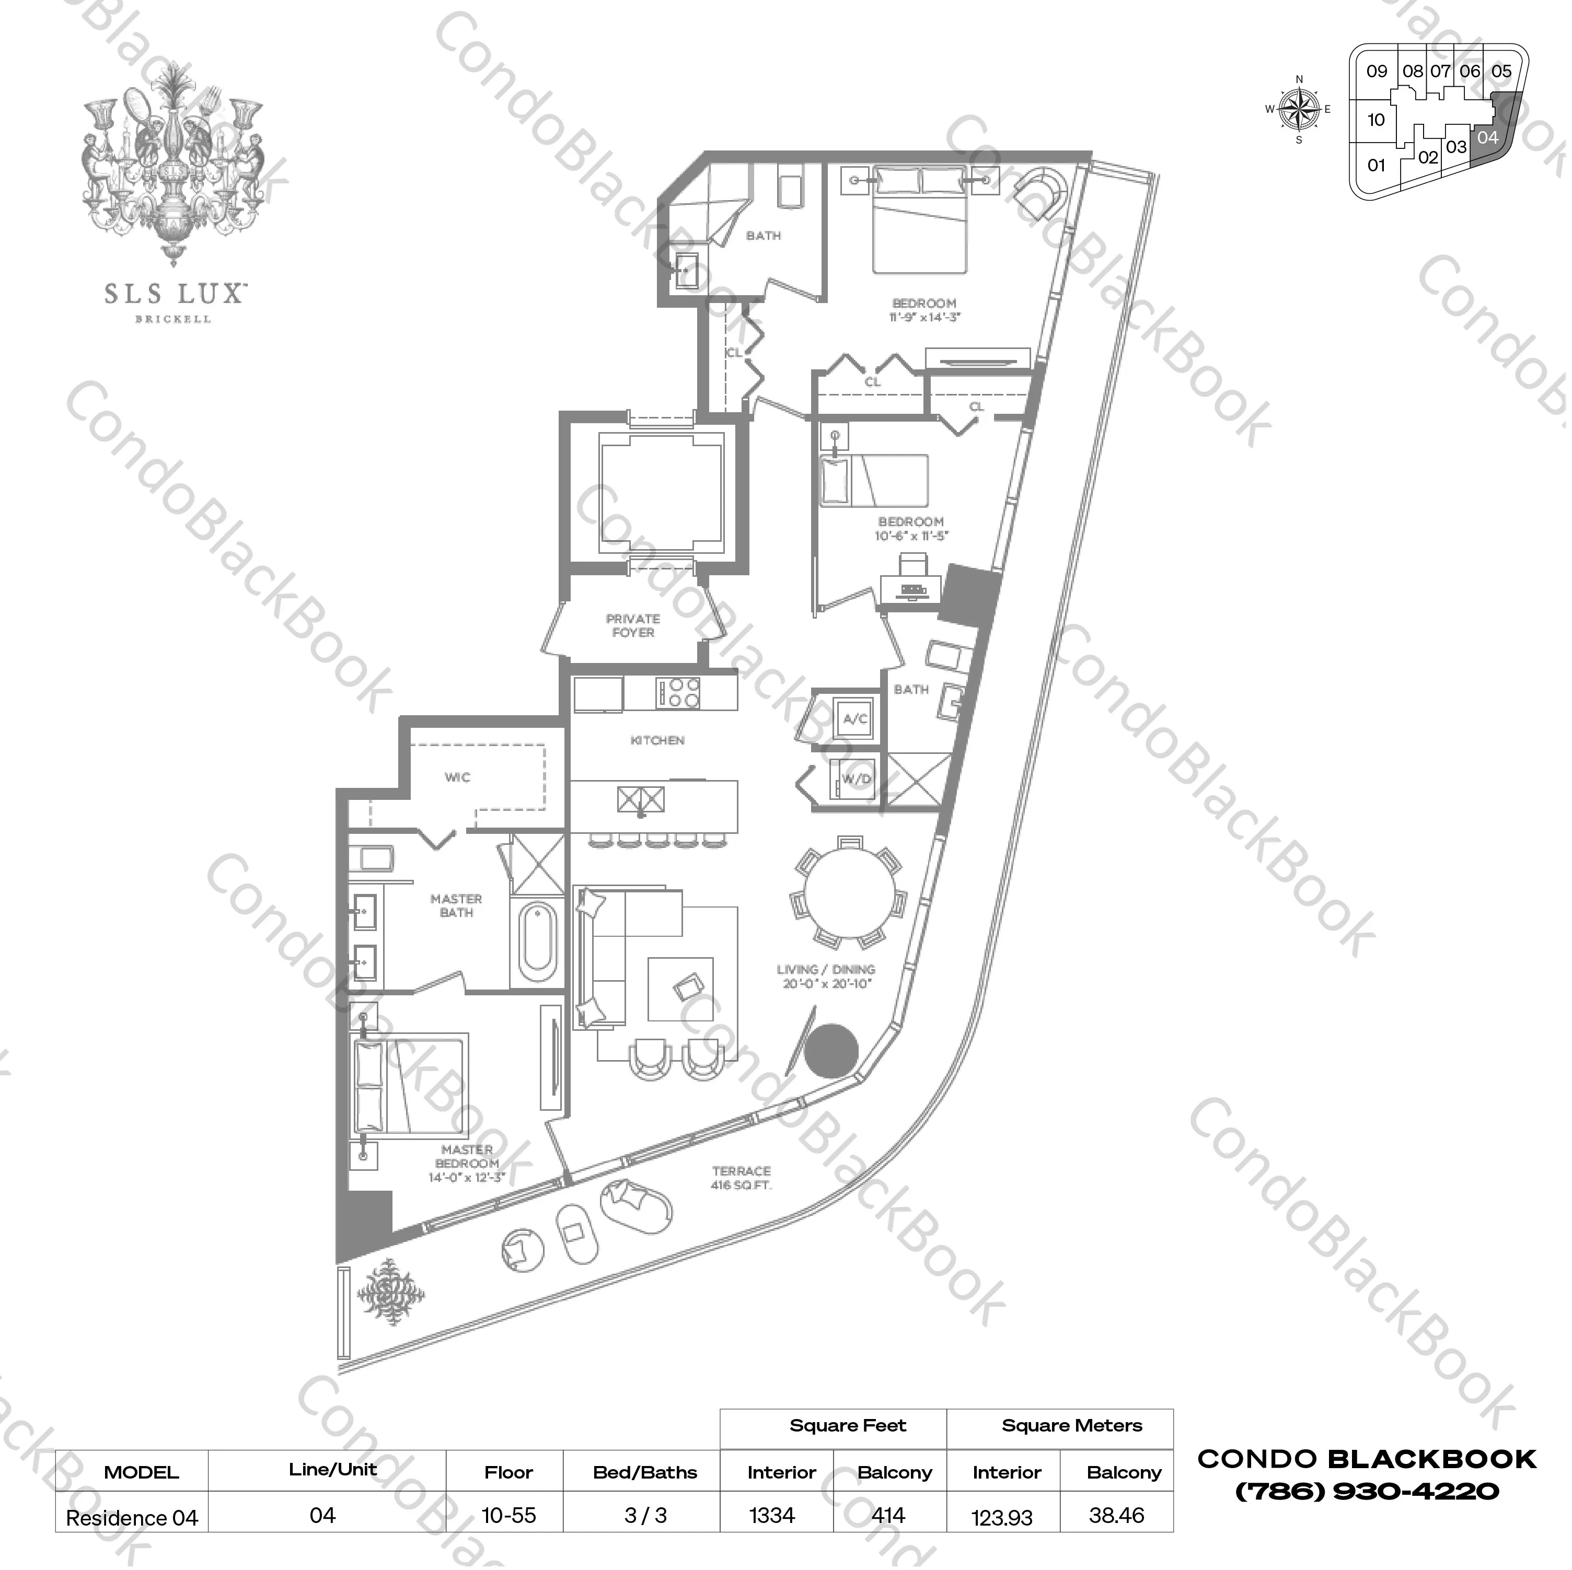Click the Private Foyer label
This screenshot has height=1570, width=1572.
pyautogui.click(x=632, y=625)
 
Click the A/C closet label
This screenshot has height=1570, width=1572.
pyautogui.click(x=854, y=719)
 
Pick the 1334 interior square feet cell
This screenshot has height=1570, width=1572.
pyautogui.click(x=772, y=1516)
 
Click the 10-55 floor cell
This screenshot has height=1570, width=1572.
pyautogui.click(x=508, y=1516)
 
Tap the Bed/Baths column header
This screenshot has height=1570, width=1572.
pyautogui.click(x=644, y=1472)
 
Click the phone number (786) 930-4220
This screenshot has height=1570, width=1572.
pyautogui.click(x=1367, y=1492)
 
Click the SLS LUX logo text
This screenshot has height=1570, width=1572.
pyautogui.click(x=174, y=294)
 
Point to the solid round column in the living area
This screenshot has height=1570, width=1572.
pyautogui.click(x=831, y=1050)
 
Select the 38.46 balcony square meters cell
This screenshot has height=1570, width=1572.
pyautogui.click(x=1116, y=1516)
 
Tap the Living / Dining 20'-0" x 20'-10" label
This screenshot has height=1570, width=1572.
pyautogui.click(x=825, y=976)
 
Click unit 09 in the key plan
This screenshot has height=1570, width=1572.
pyautogui.click(x=1376, y=72)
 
